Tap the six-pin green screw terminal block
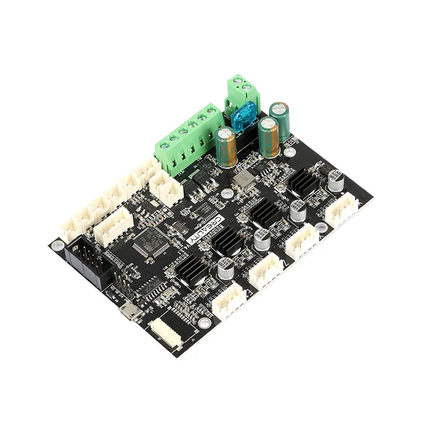tap(188, 139)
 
